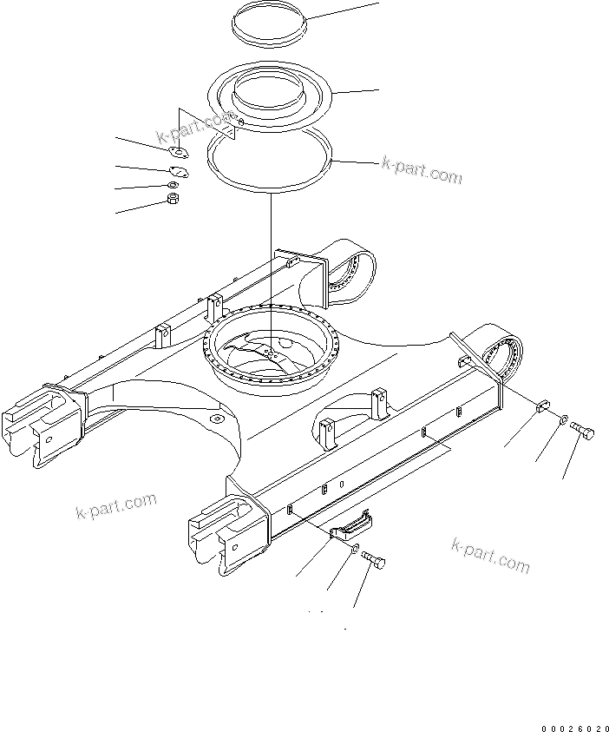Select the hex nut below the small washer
[x=172, y=201]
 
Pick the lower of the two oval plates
[x=179, y=172]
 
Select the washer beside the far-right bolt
[x=563, y=421]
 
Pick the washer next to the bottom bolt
[x=356, y=550]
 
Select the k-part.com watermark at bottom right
[x=490, y=554]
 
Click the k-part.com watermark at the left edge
[x=116, y=504]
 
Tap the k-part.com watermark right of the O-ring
[x=422, y=170]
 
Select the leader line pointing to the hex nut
[x=140, y=207]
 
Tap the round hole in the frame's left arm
[x=215, y=419]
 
